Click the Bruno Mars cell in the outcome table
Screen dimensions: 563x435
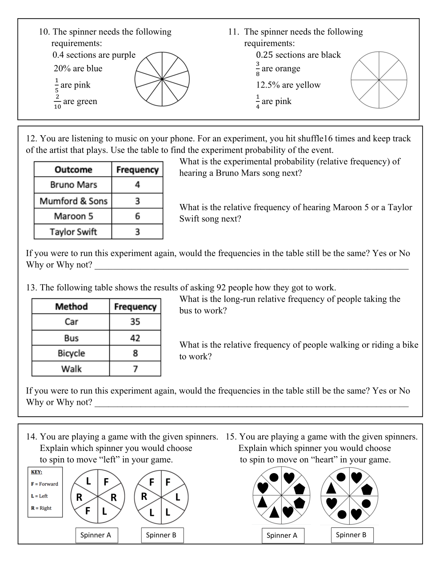pyautogui.click(x=73, y=185)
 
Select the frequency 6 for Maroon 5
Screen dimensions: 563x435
pyautogui.click(x=137, y=216)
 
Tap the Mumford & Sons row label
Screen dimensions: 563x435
pyautogui.click(x=73, y=201)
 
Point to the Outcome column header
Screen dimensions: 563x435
pyautogui.click(x=73, y=169)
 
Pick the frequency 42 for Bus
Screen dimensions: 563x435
pyautogui.click(x=135, y=338)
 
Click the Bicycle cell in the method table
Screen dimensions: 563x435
pyautogui.click(x=71, y=353)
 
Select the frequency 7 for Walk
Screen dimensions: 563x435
pyautogui.click(x=135, y=369)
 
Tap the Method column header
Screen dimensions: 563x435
pyautogui.click(x=71, y=306)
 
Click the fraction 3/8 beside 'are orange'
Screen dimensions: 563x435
pyautogui.click(x=258, y=68)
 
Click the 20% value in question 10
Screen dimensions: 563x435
pyautogui.click(x=62, y=68)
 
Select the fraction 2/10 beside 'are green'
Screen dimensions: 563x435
pyautogui.click(x=57, y=101)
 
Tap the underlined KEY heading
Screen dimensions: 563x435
pyautogui.click(x=36, y=472)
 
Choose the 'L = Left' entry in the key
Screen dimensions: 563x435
pyautogui.click(x=39, y=496)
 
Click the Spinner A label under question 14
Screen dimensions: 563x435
pyautogui.click(x=96, y=535)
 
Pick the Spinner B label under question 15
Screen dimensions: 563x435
pyautogui.click(x=351, y=535)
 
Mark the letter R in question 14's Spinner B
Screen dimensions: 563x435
pyautogui.click(x=144, y=496)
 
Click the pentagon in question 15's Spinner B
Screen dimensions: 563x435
pyautogui.click(x=367, y=490)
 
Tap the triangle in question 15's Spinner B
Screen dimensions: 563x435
pyautogui.click(x=331, y=488)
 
